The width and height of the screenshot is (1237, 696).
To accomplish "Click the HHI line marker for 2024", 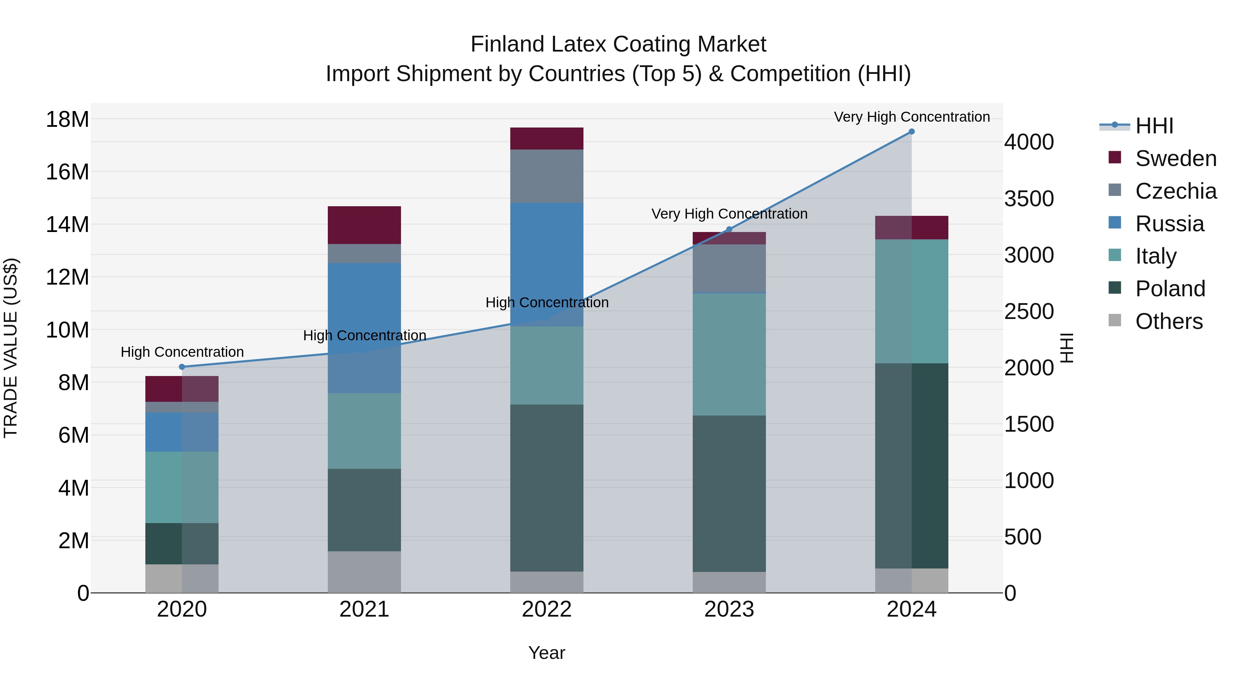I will pyautogui.click(x=911, y=132).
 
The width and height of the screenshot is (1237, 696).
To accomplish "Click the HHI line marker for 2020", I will pyautogui.click(x=182, y=367).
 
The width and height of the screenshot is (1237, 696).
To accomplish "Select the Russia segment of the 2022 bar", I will pyautogui.click(x=546, y=264).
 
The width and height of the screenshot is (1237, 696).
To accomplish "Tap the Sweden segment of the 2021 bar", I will pyautogui.click(x=364, y=225).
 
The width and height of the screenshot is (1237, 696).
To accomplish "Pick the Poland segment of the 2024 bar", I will pyautogui.click(x=911, y=466).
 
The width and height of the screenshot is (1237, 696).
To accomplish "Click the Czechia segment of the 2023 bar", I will pyautogui.click(x=729, y=268).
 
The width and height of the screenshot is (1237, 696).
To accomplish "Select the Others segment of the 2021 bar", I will pyautogui.click(x=364, y=572).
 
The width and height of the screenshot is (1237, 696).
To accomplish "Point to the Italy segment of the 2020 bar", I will pyautogui.click(x=182, y=487).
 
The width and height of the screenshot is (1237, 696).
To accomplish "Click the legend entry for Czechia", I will pyautogui.click(x=1175, y=191).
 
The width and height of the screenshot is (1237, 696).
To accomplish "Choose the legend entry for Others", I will pyautogui.click(x=1169, y=321).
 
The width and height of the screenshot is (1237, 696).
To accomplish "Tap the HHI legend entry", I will pyautogui.click(x=1155, y=126).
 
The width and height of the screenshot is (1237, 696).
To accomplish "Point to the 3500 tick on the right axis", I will pyautogui.click(x=1029, y=198).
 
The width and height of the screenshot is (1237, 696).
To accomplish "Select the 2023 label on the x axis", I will pyautogui.click(x=729, y=609).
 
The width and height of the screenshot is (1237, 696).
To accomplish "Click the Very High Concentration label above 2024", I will pyautogui.click(x=911, y=117).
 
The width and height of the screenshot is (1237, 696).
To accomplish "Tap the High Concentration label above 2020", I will pyautogui.click(x=182, y=352).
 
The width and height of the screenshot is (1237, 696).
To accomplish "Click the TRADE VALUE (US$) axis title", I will pyautogui.click(x=11, y=348).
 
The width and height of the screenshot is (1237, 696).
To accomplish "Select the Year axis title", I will pyautogui.click(x=546, y=653).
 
